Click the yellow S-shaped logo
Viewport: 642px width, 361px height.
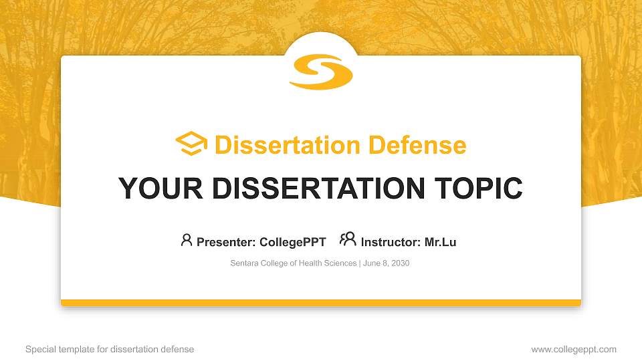point(321,72)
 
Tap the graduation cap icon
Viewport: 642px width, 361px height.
point(191,144)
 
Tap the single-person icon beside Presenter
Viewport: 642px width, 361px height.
point(187,240)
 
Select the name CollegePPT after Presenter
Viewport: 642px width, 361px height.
point(293,242)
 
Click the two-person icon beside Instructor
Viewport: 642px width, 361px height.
point(348,239)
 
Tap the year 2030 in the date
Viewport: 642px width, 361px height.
point(399,263)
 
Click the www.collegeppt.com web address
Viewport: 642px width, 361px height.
point(574,350)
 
